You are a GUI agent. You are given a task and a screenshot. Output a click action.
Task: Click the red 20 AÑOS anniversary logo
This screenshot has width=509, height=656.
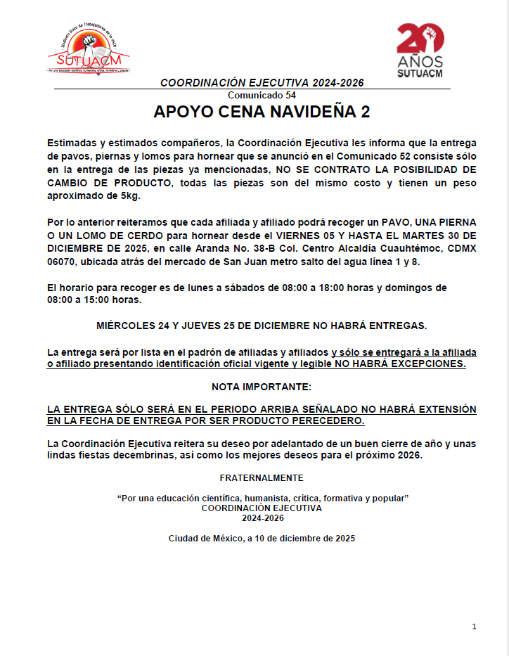(x=420, y=49)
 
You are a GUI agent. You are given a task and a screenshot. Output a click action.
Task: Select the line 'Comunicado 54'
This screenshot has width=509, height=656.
(x=262, y=95)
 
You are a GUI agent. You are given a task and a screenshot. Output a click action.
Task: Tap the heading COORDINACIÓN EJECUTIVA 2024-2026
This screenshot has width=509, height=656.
(x=262, y=83)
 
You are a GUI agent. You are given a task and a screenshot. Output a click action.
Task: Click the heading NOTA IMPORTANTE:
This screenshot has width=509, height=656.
(x=261, y=387)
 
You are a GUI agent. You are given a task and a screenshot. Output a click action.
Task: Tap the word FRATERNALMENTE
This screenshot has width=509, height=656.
(x=262, y=478)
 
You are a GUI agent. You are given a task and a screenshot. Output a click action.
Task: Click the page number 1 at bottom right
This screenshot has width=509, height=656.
(x=475, y=626)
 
